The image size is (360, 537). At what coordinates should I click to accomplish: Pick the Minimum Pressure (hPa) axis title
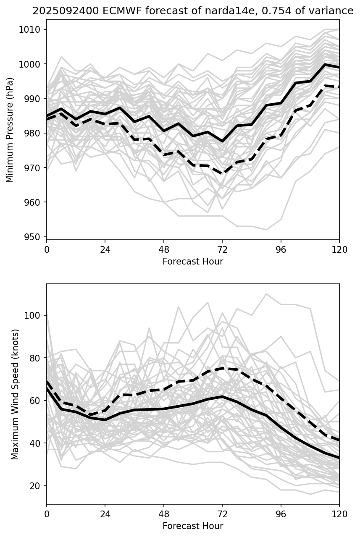(x=10, y=130)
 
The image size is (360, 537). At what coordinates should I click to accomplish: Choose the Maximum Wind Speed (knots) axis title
(x=15, y=394)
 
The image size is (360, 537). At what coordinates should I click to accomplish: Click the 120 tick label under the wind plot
(x=339, y=514)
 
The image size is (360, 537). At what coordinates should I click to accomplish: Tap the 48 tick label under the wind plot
(x=164, y=514)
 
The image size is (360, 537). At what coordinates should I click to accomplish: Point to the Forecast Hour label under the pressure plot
(x=193, y=262)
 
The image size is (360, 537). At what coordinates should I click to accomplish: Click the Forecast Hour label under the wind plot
(x=193, y=526)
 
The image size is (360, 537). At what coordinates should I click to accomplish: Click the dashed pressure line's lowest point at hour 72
(x=222, y=174)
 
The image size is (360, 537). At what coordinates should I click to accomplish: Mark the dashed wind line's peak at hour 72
(x=222, y=368)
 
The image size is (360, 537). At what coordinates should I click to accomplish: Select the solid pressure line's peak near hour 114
(x=325, y=65)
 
